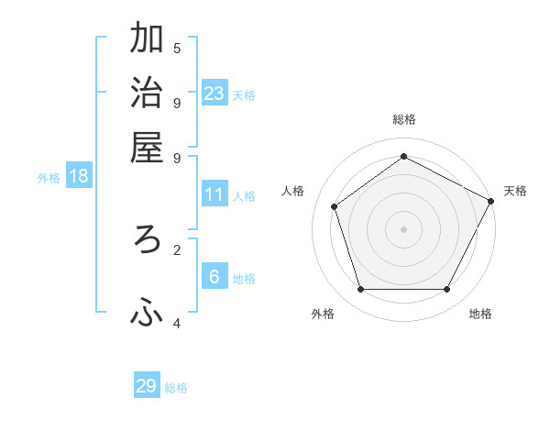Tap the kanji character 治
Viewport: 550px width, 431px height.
(x=147, y=94)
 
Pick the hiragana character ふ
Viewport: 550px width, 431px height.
(x=147, y=314)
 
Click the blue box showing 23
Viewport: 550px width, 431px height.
(x=214, y=94)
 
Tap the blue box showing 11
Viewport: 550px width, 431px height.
(x=214, y=194)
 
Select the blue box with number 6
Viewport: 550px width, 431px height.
(x=214, y=277)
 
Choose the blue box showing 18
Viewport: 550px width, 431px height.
(x=79, y=176)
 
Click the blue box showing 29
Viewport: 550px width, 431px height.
(x=147, y=386)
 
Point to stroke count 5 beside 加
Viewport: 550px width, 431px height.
(x=177, y=48)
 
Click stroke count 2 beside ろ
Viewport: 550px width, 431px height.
(x=177, y=248)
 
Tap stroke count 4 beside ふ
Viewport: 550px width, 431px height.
(x=177, y=323)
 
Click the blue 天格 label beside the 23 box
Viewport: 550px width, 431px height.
(x=244, y=95)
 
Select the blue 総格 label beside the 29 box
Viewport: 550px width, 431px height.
(x=176, y=388)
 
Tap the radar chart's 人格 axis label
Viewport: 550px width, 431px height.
(x=293, y=191)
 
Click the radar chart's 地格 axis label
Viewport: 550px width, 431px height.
(x=480, y=314)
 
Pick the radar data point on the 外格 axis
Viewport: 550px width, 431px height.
(x=360, y=290)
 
